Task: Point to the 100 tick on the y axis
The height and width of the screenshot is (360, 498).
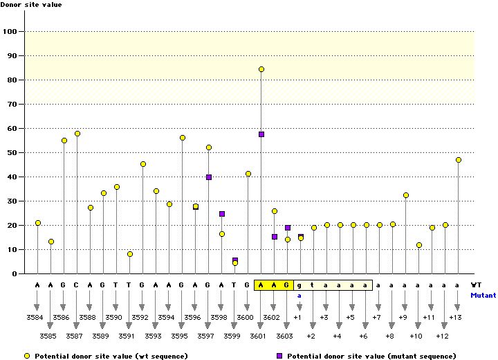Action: (12, 31)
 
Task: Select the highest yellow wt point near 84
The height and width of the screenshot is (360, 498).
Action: (261, 69)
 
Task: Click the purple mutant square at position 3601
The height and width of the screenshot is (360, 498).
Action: (261, 134)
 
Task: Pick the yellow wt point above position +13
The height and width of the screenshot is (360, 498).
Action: (459, 160)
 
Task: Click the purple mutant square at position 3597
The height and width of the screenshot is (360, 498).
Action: (209, 177)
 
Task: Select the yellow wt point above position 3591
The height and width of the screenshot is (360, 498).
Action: (130, 254)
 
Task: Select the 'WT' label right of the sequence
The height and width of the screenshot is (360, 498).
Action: (476, 285)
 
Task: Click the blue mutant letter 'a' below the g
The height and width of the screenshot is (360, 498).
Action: (300, 295)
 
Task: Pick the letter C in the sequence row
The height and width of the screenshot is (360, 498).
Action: (77, 285)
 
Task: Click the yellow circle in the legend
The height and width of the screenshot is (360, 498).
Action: (26, 355)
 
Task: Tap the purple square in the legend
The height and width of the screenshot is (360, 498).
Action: (279, 355)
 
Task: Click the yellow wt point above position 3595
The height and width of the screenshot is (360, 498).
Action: (183, 138)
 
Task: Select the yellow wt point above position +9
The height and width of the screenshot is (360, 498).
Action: (406, 195)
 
